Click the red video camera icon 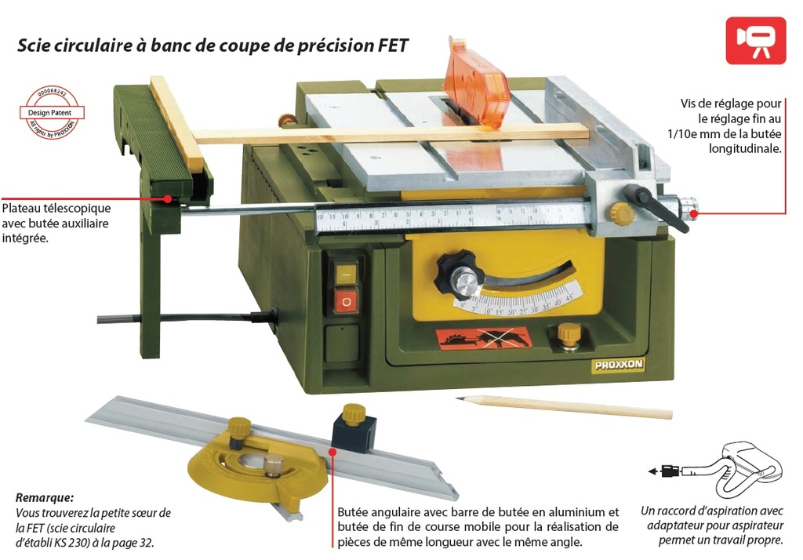tap(755, 39)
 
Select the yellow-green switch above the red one tap(344, 273)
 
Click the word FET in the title tap(391, 45)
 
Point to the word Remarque tap(45, 497)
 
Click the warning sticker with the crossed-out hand tap(484, 339)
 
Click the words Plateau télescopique tap(56, 209)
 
